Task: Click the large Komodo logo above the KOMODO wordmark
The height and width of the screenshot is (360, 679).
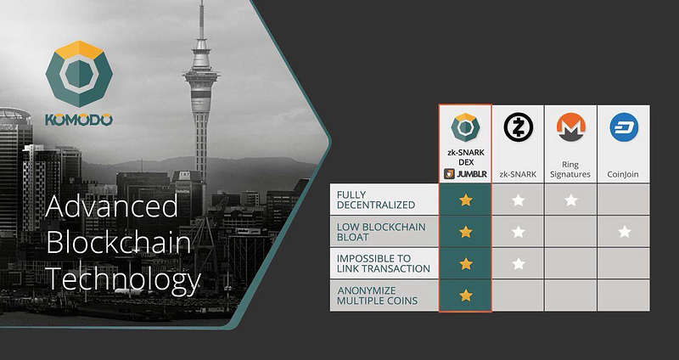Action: (79, 74)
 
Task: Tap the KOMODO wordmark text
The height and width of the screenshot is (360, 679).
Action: (79, 120)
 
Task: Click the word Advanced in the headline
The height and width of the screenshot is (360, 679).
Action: (111, 205)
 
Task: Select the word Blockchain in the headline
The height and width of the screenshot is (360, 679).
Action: (118, 243)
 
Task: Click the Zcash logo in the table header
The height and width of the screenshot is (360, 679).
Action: (518, 127)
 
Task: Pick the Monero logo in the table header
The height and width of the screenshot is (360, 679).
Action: (570, 127)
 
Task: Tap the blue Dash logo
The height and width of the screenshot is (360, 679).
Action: (624, 127)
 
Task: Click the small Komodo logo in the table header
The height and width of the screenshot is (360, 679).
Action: (465, 127)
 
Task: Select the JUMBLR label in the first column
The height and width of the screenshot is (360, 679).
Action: (465, 175)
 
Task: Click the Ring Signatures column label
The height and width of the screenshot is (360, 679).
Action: (570, 169)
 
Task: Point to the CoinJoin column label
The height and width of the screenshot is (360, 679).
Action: (624, 175)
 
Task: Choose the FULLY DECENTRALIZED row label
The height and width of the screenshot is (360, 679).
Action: (376, 200)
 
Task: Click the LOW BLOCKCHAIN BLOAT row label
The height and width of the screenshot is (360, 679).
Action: (381, 232)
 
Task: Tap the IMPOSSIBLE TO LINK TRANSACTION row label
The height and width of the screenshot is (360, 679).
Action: (384, 263)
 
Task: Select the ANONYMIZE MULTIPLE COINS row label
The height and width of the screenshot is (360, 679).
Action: (377, 295)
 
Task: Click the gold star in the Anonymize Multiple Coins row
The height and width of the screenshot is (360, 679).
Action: (465, 295)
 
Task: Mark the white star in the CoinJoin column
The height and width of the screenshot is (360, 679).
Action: (625, 232)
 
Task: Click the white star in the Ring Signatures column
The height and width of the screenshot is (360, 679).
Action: (571, 200)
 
